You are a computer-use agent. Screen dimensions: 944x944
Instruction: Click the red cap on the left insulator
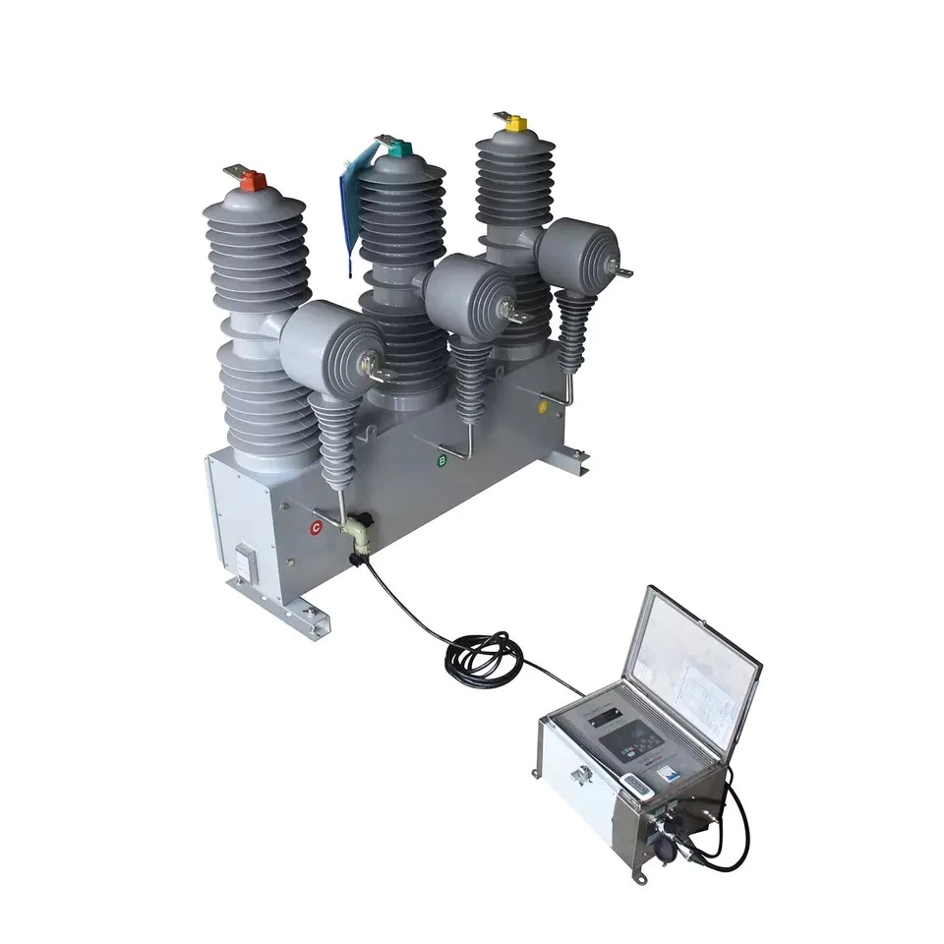point(252,179)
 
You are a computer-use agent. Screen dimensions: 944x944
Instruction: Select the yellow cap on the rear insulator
point(515,124)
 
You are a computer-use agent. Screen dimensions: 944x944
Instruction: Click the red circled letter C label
point(316,527)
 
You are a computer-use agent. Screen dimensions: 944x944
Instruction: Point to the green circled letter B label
point(442,460)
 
